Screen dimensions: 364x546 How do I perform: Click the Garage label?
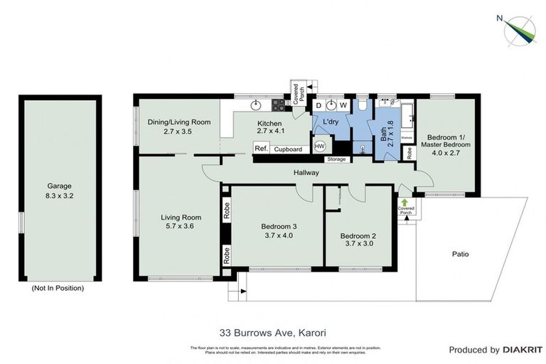59,186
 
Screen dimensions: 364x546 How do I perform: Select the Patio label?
460,254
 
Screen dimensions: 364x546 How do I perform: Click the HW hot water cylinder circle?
320,146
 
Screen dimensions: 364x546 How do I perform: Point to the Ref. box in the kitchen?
261,149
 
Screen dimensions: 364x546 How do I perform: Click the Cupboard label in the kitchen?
288,149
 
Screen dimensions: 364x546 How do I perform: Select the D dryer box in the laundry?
318,105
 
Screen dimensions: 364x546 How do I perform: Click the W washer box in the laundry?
342,105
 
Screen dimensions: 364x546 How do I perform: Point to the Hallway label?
306,173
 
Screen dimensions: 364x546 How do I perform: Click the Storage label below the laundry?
337,159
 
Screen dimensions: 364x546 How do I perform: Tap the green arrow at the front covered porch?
405,203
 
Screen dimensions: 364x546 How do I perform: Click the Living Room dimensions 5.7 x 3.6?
178,226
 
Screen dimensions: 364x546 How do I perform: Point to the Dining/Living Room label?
178,122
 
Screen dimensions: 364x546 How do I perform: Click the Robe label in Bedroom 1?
409,152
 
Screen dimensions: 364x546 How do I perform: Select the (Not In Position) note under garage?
58,288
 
